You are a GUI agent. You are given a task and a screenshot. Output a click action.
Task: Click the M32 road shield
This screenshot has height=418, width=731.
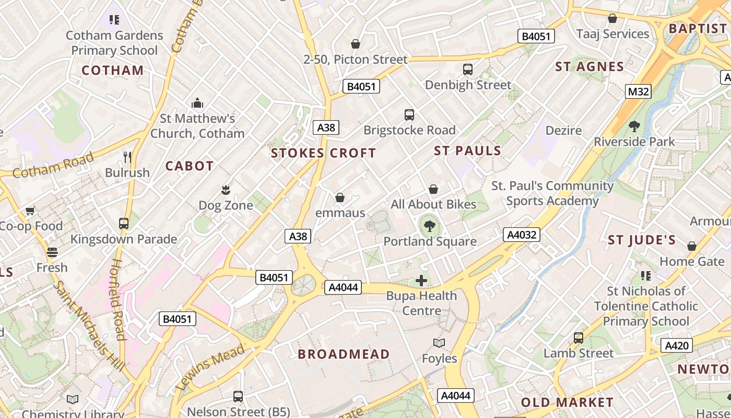click(x=638, y=92)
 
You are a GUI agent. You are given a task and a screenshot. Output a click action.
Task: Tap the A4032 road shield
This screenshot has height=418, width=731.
click(x=522, y=235)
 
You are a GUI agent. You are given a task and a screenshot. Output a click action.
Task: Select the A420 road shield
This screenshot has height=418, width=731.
click(x=677, y=345)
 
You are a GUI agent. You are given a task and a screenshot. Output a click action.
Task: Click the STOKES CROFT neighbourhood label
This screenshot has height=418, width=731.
click(x=324, y=153)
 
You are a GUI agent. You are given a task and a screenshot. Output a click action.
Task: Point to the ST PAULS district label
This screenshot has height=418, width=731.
click(x=467, y=150)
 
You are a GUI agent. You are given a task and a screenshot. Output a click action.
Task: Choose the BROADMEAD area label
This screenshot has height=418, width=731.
click(x=344, y=354)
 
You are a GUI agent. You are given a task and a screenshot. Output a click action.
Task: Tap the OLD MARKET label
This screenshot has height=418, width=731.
click(x=567, y=402)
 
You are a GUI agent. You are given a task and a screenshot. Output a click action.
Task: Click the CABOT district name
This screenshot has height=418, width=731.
click(x=190, y=166)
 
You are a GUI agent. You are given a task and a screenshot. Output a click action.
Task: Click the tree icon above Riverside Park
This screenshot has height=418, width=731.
click(x=634, y=126)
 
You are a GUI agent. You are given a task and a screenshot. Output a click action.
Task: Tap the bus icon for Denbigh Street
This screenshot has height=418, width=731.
click(x=468, y=69)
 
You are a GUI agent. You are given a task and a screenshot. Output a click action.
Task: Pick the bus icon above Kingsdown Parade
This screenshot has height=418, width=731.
click(x=124, y=224)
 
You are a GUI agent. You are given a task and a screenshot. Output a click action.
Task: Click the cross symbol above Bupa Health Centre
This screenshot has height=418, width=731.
click(x=421, y=281)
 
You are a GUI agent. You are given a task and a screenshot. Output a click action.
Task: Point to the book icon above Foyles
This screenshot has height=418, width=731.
click(x=439, y=343)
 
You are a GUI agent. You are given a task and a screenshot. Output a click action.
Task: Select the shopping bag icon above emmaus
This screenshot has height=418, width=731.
click(x=340, y=198)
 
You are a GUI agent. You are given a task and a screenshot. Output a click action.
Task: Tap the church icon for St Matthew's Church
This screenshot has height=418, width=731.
click(x=197, y=103)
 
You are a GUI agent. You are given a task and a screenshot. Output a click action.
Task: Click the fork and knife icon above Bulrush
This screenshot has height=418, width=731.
click(x=127, y=157)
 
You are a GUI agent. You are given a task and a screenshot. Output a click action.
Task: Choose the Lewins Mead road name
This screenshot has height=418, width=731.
click(x=210, y=367)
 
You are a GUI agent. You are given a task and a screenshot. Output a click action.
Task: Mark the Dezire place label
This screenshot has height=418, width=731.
click(x=563, y=130)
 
